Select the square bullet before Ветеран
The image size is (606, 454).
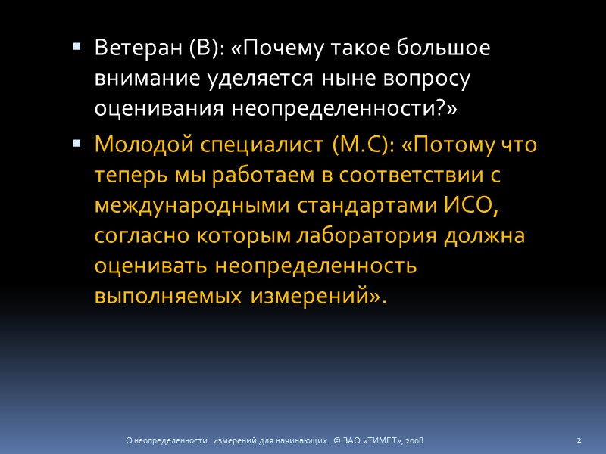pos(77,46)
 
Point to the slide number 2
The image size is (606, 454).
pos(579,440)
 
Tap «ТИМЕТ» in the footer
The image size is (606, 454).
pos(384,440)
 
